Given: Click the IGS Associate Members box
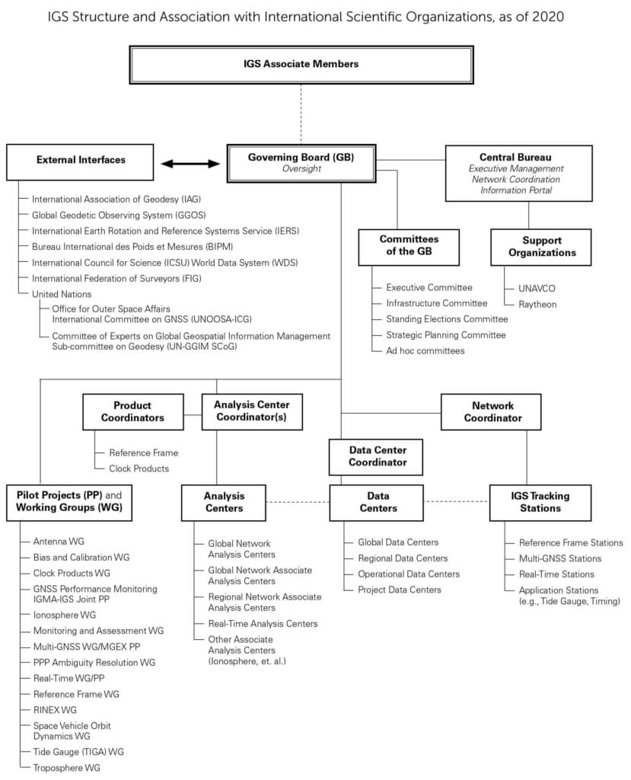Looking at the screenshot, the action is pos(301,65).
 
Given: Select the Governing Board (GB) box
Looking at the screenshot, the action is pos(301,164).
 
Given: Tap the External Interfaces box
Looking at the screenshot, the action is pos(80,162).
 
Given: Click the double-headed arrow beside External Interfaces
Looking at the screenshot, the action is pos(190,164).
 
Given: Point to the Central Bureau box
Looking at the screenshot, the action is pos(518,173).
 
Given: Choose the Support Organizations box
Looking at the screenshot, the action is pos(541,248).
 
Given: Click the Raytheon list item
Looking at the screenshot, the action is pos(537,305).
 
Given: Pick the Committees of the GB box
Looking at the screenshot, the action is pos(409,248).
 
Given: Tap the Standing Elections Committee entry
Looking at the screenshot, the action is pos(447,319).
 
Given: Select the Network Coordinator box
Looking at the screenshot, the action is pos(491,412).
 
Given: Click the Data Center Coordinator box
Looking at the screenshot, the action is pos(376,457).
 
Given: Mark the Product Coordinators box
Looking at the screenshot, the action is pos(132,412).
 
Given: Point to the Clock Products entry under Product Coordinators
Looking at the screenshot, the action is pos(139,468).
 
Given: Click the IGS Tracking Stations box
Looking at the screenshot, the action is pos(540,503).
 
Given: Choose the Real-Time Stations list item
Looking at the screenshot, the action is pos(556,574).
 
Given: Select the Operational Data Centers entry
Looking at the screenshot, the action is pos(409,574).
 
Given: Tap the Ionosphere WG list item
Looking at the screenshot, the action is pos(65,615).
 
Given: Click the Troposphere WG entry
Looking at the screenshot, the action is pos(67,768).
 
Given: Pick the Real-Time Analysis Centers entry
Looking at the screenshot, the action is pos(263,623).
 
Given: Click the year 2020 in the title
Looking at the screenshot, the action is pos(548,17).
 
